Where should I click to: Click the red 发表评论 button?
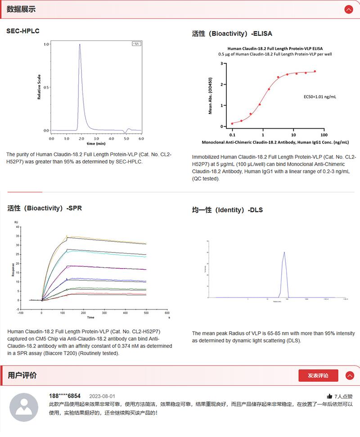tap(318, 375)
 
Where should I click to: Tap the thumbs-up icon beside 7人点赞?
tap(329, 396)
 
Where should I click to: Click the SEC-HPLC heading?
tap(23, 31)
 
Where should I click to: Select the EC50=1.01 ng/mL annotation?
tap(319, 96)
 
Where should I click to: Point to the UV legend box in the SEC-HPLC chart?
tap(137, 44)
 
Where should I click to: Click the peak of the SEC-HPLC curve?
tap(80, 45)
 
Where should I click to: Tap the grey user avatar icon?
tap(24, 407)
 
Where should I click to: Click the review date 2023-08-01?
tap(102, 396)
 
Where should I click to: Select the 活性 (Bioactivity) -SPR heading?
tap(45, 208)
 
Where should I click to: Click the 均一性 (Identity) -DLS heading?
tap(227, 210)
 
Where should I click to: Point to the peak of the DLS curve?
tap(284, 252)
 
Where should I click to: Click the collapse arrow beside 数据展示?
tap(348, 9)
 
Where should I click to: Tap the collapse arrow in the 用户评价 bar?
tap(349, 375)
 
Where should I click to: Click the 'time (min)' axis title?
tap(96, 144)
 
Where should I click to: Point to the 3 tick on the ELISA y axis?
tap(222, 63)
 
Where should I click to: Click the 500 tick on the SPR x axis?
tap(146, 312)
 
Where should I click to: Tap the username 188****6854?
tap(65, 396)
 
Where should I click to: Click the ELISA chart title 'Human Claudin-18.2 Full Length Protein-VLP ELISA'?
tap(275, 48)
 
